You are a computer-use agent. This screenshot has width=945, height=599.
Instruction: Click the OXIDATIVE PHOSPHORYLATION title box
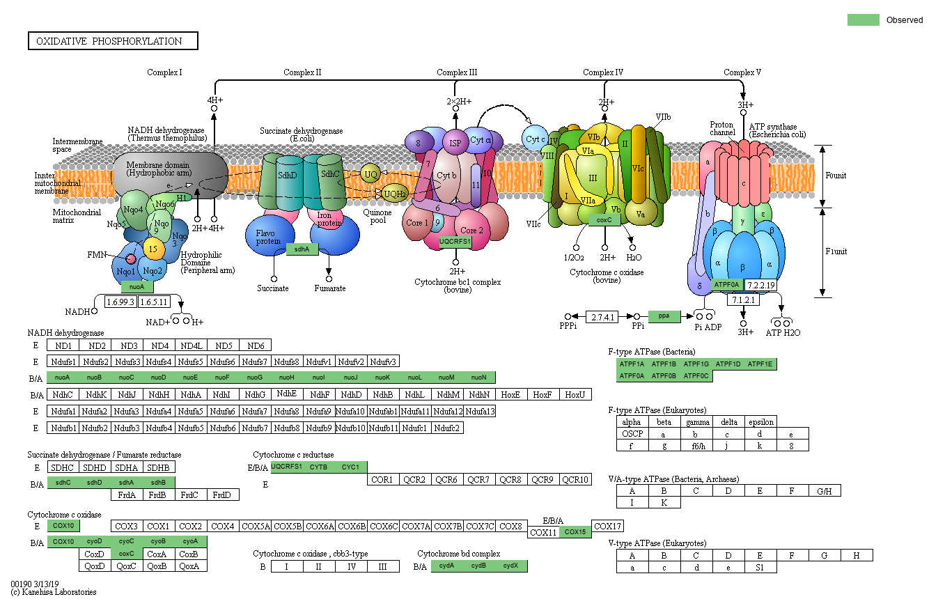[x=113, y=41]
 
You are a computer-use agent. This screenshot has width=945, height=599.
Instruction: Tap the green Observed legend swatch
[x=863, y=20]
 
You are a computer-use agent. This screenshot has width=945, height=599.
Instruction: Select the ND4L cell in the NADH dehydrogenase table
[x=191, y=345]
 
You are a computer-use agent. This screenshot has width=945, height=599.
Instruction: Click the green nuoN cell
[x=479, y=378]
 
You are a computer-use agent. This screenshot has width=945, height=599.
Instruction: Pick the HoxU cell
[x=575, y=394]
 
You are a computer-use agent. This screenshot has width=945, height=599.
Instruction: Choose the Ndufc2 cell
[x=447, y=428]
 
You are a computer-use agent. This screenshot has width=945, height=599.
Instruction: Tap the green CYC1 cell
[x=350, y=467]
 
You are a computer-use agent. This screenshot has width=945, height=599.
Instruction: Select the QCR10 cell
[x=575, y=480]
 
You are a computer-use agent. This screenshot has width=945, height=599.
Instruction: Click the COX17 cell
[x=607, y=526]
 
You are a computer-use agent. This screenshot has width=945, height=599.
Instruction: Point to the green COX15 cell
[x=575, y=532]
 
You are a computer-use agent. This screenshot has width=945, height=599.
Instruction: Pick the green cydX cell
[x=511, y=566]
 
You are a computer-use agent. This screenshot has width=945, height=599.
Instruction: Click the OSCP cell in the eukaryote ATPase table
[x=632, y=434]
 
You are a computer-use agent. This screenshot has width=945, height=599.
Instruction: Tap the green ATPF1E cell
[x=760, y=364]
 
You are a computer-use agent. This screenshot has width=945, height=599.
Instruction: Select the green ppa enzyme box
[x=664, y=316]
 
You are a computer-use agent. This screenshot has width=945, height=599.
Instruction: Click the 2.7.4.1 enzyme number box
[x=602, y=317]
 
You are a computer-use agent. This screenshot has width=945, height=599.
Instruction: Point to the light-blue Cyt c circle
[x=535, y=139]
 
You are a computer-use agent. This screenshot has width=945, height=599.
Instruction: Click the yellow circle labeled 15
[x=153, y=249]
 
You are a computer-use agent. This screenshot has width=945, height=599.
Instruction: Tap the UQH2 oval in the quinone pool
[x=394, y=194]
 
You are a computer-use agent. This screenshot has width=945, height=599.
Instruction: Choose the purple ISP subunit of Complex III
[x=455, y=143]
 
